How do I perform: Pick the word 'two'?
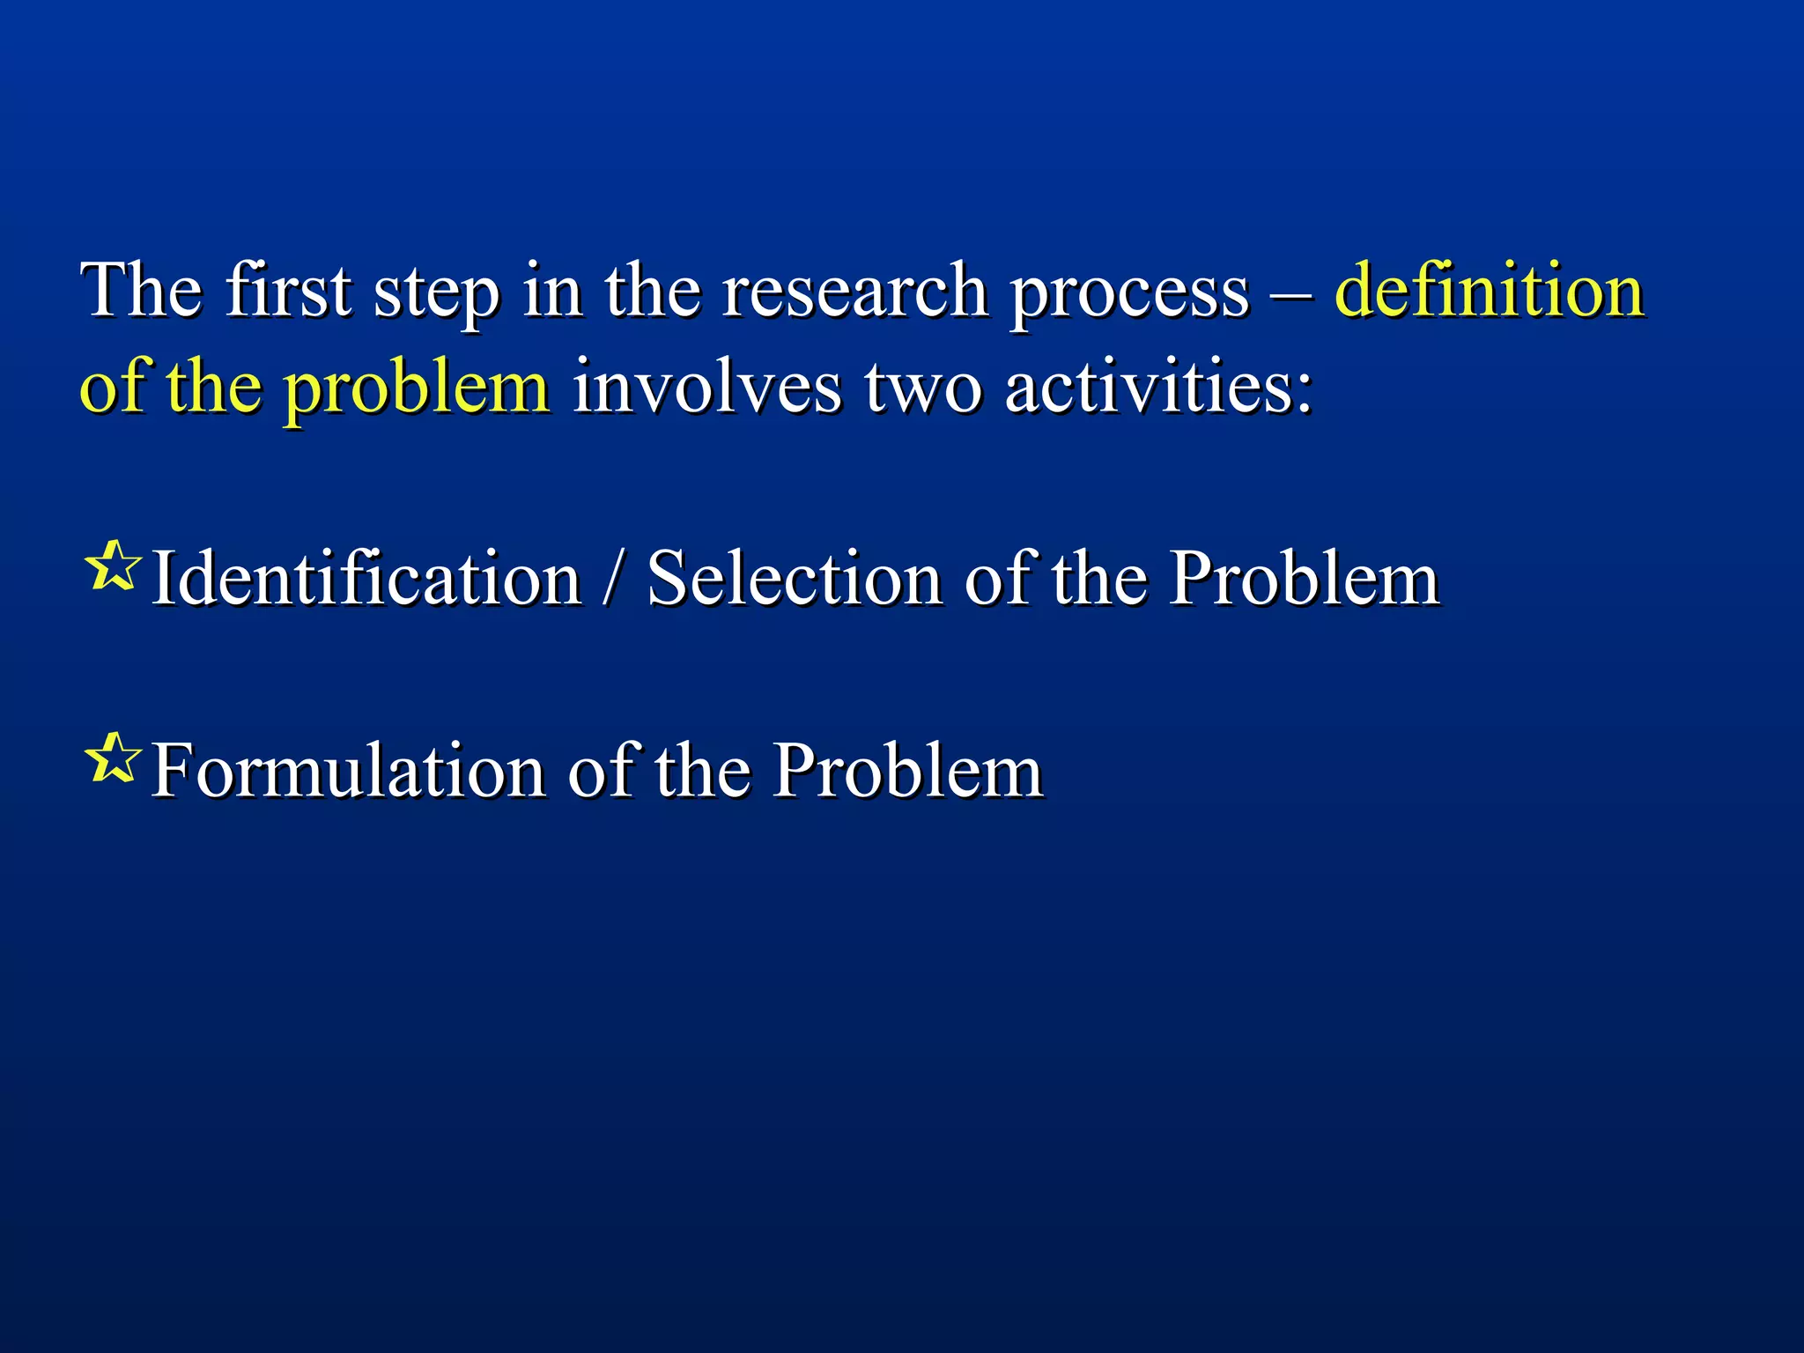922,388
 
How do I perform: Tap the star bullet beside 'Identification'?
113,567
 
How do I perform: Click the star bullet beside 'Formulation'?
113,758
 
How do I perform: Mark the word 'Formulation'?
349,770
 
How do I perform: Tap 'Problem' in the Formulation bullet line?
908,770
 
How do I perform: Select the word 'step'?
436,293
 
